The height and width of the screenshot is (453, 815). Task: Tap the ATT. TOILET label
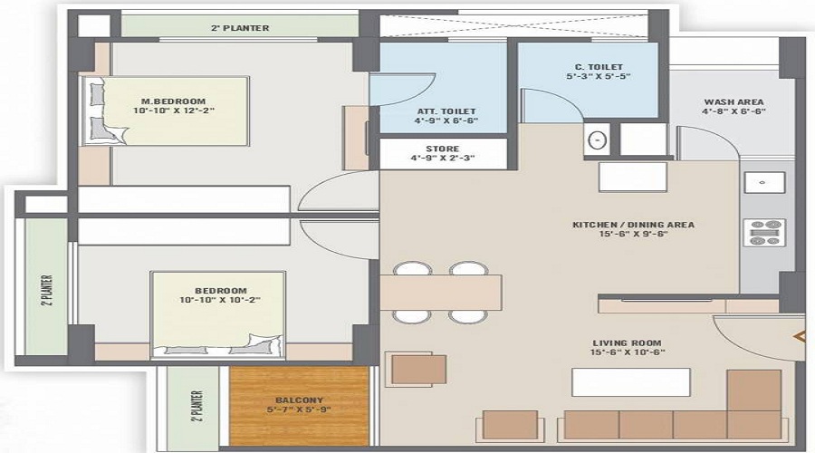point(443,111)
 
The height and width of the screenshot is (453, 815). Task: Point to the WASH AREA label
point(733,101)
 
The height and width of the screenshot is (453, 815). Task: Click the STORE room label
point(442,149)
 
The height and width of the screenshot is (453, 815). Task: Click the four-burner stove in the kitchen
point(763,232)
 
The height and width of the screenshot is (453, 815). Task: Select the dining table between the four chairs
point(441,292)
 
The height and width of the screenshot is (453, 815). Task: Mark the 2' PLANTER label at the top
point(239,28)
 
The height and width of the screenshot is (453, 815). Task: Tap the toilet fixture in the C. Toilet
point(597,140)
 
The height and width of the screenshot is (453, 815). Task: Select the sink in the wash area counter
point(762,183)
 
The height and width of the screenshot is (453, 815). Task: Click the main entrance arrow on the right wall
point(801,337)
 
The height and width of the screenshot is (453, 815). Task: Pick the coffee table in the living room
point(630,381)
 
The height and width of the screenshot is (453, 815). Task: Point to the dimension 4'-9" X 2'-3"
point(442,159)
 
